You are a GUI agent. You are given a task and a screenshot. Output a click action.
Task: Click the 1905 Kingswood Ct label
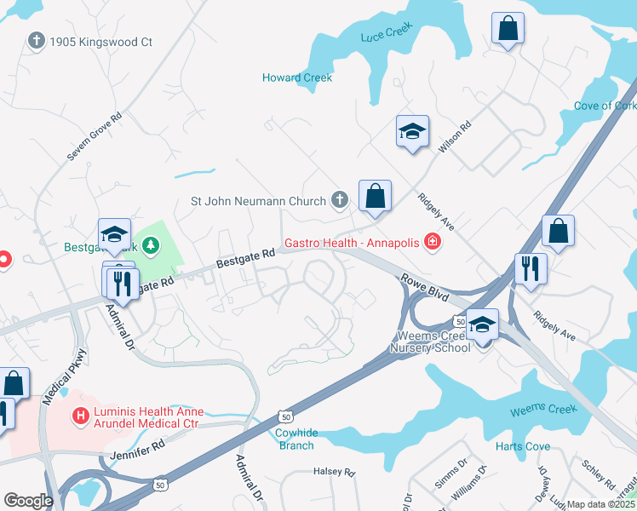coord(100,41)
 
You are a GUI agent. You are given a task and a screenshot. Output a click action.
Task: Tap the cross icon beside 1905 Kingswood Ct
coord(36,40)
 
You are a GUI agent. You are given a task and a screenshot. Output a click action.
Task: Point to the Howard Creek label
coord(296,78)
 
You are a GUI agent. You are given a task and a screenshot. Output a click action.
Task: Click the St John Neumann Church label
coord(258,202)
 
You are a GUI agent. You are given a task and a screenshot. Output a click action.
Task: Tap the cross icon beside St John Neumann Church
coord(339,201)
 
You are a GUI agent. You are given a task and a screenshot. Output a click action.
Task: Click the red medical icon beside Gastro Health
coord(433,244)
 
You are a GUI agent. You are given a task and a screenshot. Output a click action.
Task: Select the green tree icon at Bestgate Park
coord(152,247)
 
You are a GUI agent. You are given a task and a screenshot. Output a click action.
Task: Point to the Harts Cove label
coord(522,446)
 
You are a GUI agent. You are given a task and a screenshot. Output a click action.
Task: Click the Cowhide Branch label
coord(296,439)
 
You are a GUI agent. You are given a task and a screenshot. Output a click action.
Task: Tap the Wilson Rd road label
coord(454,139)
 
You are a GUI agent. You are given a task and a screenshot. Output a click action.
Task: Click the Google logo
coord(28,501)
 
